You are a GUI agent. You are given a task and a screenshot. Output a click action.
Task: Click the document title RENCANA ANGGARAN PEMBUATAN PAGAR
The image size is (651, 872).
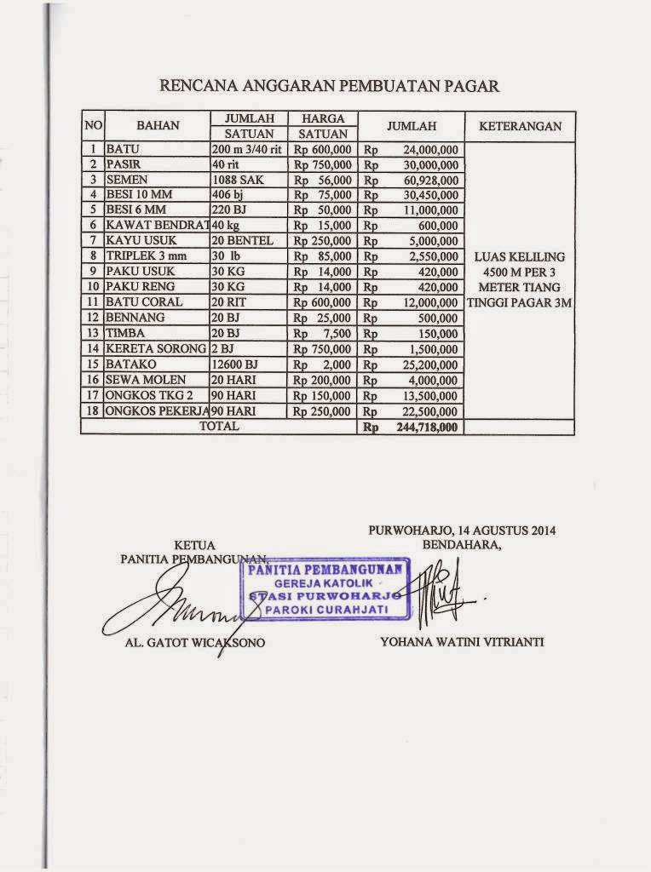(329, 86)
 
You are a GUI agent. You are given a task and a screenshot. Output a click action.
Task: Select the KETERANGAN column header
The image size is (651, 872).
(520, 126)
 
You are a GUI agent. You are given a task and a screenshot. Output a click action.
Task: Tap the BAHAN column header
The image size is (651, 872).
(158, 126)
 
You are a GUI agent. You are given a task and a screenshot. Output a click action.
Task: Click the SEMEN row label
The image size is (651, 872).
(127, 180)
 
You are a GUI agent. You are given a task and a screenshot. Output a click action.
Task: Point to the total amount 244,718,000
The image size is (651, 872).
(427, 427)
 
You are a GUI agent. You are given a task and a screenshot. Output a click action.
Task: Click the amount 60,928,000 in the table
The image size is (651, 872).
(428, 180)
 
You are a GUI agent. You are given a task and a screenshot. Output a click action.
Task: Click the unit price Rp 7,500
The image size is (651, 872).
(324, 333)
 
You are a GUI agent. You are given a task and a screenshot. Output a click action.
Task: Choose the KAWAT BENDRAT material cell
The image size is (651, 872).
(157, 226)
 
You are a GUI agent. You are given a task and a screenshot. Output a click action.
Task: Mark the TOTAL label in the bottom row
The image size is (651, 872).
(219, 426)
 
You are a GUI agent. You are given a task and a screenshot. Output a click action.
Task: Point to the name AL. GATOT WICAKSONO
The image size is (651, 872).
(194, 642)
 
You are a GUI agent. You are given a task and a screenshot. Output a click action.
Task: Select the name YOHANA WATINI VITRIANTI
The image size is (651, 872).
(461, 642)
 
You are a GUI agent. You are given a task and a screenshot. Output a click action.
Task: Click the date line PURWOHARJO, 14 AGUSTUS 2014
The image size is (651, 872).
(462, 530)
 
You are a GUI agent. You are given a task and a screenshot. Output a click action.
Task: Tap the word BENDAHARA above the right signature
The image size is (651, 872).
(462, 544)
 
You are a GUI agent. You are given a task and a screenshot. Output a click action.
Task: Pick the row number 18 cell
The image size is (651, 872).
(92, 410)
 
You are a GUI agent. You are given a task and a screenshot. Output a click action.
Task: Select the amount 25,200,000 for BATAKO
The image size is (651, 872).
(428, 364)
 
